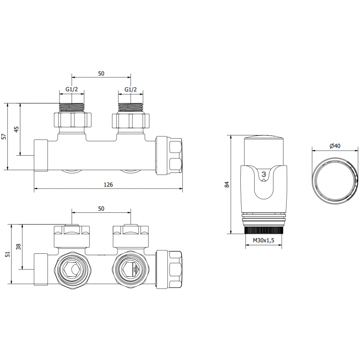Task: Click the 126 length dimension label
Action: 108,184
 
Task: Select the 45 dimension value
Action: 17,129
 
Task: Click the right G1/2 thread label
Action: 130,90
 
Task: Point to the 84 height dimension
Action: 227,184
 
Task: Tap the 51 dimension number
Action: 6,254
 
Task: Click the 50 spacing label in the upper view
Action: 101,73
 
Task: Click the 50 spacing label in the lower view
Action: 101,208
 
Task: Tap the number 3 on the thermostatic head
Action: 264,174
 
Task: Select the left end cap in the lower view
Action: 41,269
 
